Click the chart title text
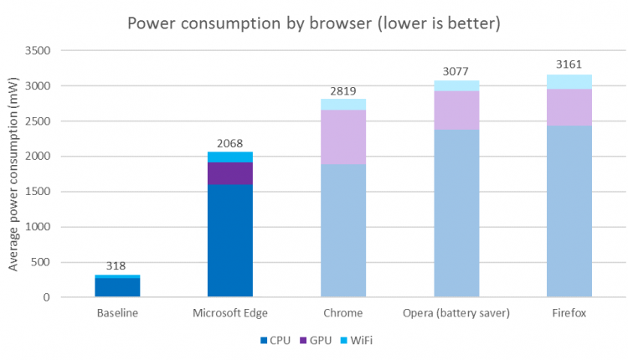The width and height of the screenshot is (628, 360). pyautogui.click(x=314, y=23)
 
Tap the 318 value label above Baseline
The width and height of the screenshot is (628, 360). pyautogui.click(x=117, y=266)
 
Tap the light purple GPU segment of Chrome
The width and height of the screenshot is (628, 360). pyautogui.click(x=343, y=136)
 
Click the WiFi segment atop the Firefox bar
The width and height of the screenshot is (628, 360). pyautogui.click(x=569, y=81)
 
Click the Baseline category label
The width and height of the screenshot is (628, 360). pyautogui.click(x=117, y=313)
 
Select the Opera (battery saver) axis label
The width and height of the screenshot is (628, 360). pyautogui.click(x=456, y=313)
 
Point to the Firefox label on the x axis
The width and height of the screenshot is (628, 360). pyautogui.click(x=569, y=313)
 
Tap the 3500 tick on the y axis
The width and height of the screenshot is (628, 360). pyautogui.click(x=39, y=51)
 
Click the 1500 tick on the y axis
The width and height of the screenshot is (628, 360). pyautogui.click(x=39, y=192)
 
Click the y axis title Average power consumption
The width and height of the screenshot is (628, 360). pyautogui.click(x=13, y=174)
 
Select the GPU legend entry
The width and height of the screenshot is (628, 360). pyautogui.click(x=316, y=340)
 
